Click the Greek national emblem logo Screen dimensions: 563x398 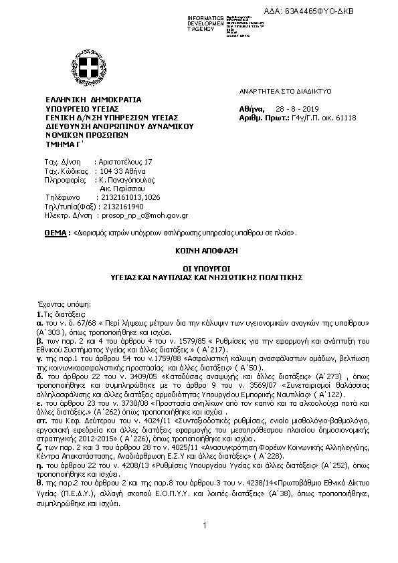[x=86, y=68]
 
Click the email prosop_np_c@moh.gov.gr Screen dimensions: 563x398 [x=142, y=216]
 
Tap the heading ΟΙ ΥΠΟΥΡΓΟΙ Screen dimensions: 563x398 [x=199, y=267]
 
